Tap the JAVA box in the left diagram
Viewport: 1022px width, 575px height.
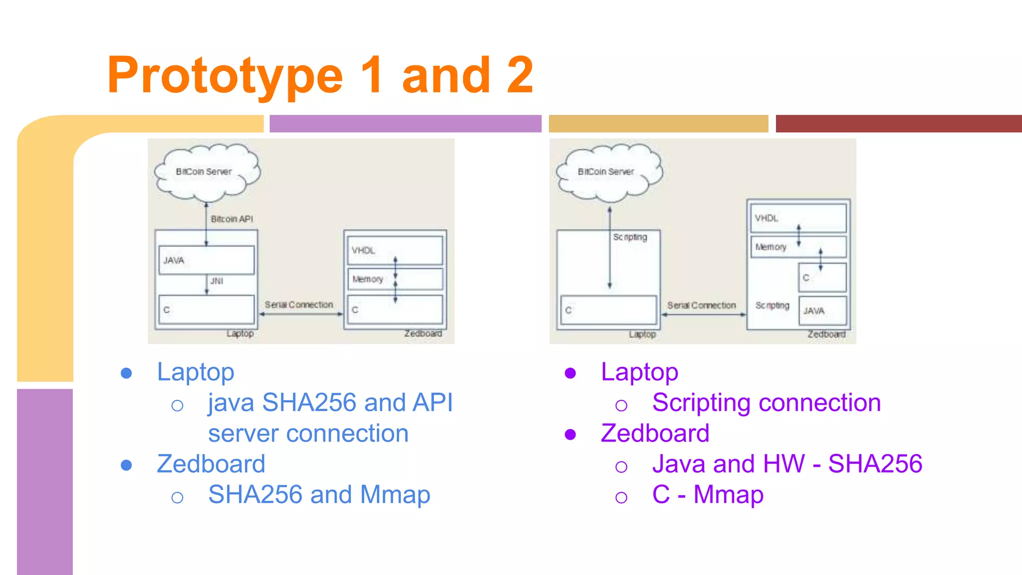click(206, 260)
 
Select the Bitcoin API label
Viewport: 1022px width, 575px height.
click(232, 219)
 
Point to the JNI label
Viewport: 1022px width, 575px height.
click(217, 281)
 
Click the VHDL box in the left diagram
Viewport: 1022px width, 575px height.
click(394, 250)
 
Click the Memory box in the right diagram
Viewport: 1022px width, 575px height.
click(797, 247)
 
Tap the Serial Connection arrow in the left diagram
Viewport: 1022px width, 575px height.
click(301, 314)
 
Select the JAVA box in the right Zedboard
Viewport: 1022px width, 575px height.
click(822, 310)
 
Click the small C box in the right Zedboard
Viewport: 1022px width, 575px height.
click(822, 278)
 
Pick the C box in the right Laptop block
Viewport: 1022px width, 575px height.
click(608, 310)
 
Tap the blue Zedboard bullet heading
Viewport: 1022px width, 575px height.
click(211, 464)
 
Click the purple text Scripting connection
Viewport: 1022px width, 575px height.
click(766, 402)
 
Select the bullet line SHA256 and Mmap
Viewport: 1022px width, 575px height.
click(319, 495)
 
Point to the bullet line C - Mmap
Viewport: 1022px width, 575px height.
click(707, 495)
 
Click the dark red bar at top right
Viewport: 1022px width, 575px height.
click(898, 123)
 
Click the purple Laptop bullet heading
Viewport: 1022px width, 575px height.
click(639, 372)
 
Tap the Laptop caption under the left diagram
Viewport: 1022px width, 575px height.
click(240, 333)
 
